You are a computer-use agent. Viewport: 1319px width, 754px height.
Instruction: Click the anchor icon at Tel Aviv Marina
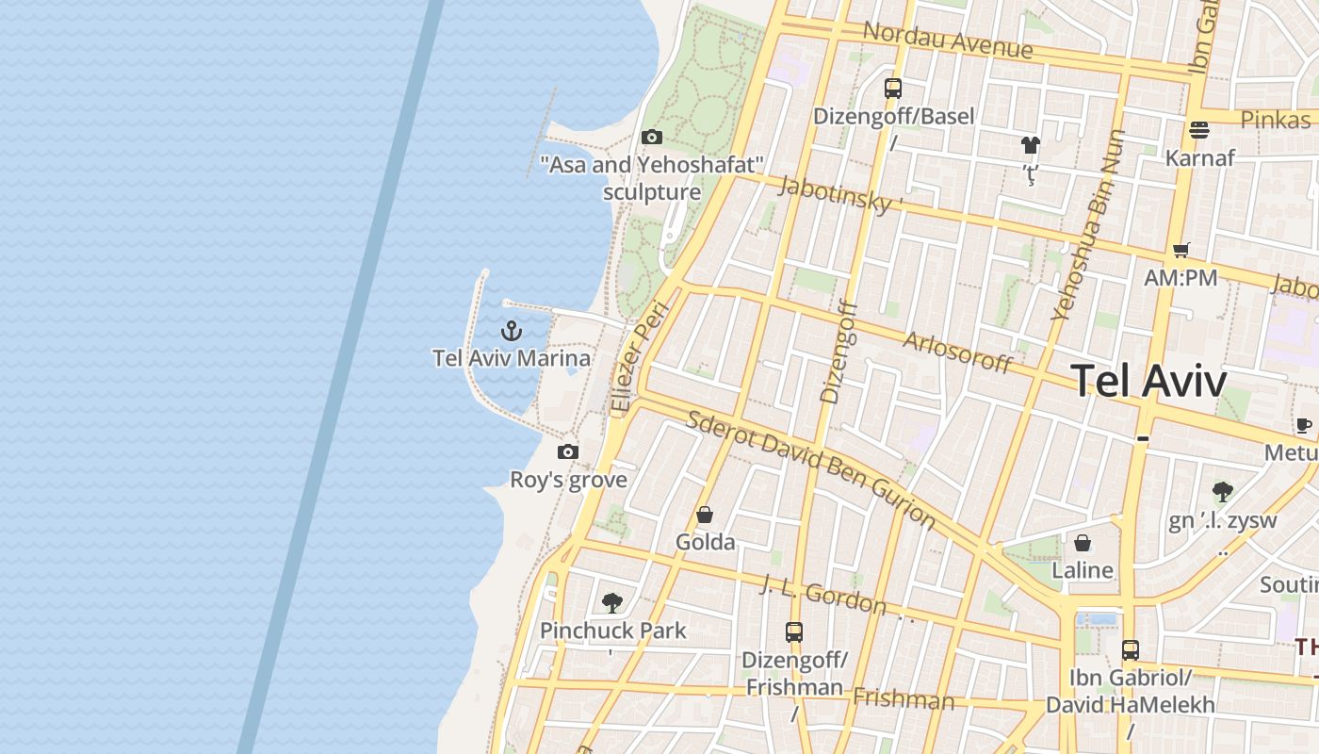511,331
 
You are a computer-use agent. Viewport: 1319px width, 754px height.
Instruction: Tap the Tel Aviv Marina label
512,358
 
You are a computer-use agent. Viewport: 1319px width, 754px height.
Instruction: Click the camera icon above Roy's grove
567,451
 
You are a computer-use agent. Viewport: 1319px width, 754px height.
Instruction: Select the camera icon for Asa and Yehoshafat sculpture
652,138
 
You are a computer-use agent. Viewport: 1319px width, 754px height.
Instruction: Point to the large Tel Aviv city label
1148,382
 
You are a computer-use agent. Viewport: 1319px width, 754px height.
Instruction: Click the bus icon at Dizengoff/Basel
893,89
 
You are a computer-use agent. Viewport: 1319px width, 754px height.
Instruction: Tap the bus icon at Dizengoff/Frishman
794,631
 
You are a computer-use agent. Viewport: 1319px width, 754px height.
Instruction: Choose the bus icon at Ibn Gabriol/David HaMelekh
1130,649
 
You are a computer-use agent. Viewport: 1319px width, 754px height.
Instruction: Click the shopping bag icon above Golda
704,515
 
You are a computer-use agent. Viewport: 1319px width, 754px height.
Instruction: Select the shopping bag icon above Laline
1083,543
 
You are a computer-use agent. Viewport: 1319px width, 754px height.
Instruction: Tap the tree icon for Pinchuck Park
612,602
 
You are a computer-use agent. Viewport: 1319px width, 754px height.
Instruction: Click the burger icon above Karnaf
1199,129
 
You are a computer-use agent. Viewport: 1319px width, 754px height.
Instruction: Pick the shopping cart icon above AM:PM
1181,250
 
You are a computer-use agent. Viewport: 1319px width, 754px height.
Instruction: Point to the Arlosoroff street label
957,352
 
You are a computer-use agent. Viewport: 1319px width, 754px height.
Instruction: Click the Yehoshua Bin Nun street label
1089,226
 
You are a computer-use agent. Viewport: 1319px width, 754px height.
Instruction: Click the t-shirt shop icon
1030,145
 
